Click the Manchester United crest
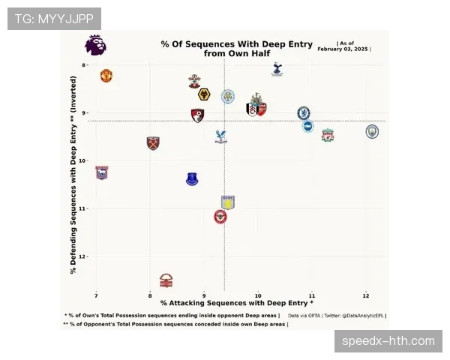click(106, 76)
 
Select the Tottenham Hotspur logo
click(277, 70)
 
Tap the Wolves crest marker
click(203, 94)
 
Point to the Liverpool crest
click(328, 136)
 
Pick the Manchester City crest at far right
click(372, 131)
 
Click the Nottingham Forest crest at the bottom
click(166, 280)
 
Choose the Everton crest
click(192, 178)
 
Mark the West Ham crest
click(154, 142)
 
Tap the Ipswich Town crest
click(101, 172)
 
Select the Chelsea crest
click(303, 113)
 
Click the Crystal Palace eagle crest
click(220, 136)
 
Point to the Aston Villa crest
click(228, 202)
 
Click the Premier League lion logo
click(95, 46)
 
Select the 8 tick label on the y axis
click(85, 65)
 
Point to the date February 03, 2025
click(344, 49)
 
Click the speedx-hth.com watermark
click(388, 341)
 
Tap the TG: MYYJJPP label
click(53, 18)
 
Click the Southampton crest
click(194, 81)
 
